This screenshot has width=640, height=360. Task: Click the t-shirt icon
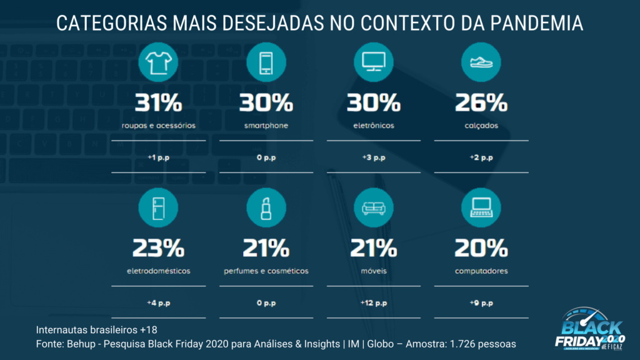point(159,61)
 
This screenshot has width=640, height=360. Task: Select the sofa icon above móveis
point(374,207)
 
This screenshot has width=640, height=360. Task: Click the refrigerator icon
point(159,207)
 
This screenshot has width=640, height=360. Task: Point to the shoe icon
point(481,61)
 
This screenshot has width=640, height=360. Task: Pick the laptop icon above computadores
point(481,207)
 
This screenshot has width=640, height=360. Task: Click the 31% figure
point(159,102)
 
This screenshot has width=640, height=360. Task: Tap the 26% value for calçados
point(481,102)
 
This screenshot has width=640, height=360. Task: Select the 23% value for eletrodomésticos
point(159,249)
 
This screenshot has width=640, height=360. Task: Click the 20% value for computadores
point(481,249)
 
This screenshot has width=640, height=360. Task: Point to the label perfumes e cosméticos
point(266,272)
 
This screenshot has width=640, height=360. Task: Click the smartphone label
point(266,126)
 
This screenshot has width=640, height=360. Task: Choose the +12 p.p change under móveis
point(374,303)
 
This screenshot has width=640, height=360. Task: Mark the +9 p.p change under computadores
point(481,303)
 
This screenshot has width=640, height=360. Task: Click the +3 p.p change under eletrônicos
point(374,157)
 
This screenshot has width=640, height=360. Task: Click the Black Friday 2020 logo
point(590,328)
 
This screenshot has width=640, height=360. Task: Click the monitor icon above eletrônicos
point(374,61)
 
